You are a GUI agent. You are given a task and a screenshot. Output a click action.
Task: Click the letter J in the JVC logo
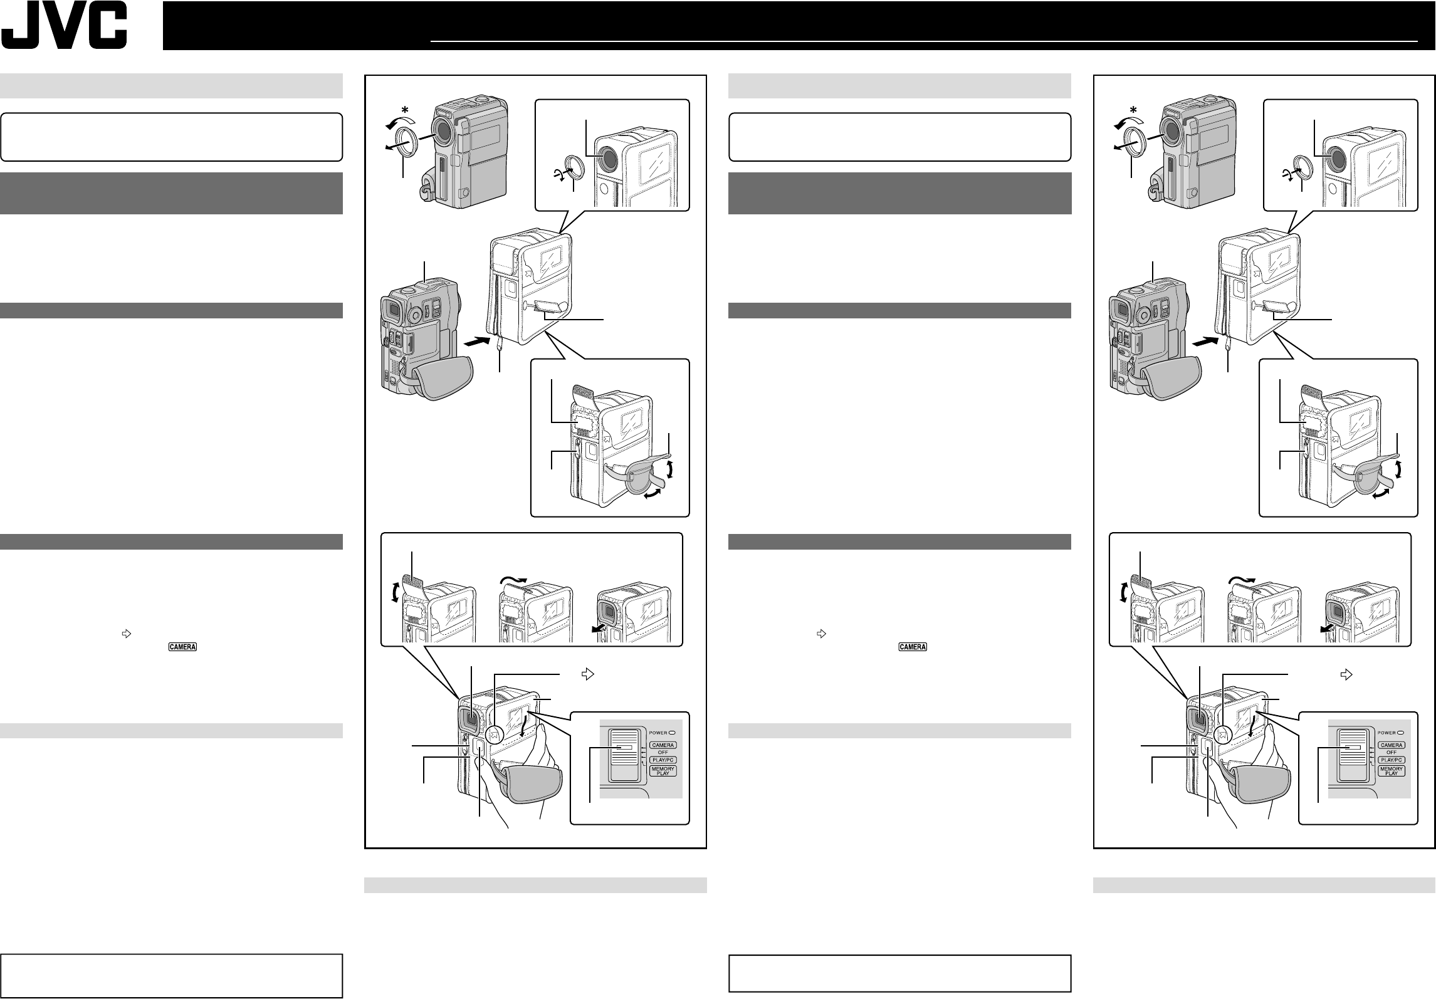click(x=22, y=29)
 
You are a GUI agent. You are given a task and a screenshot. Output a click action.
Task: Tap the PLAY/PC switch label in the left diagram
click(x=663, y=760)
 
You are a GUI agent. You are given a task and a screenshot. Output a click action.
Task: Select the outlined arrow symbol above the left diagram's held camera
click(x=587, y=674)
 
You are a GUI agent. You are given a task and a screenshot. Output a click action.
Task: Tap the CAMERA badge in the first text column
click(x=182, y=647)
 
